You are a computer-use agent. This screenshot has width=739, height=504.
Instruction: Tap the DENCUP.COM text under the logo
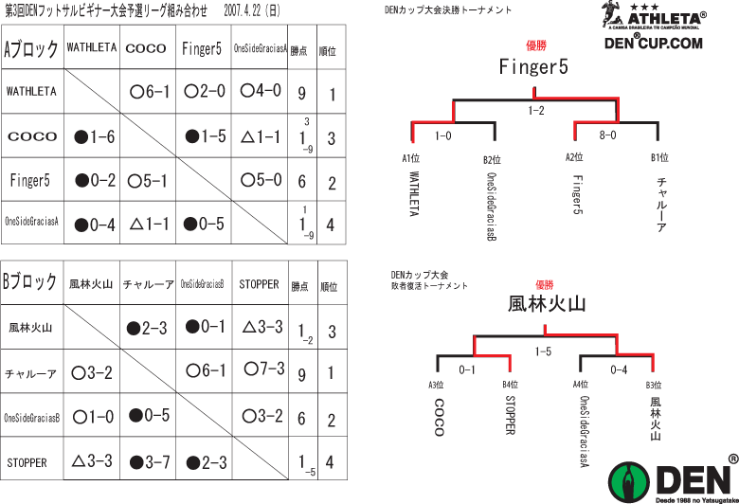click(654, 42)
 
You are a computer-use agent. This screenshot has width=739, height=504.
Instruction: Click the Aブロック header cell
click(31, 49)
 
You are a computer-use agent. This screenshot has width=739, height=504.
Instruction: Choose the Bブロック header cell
click(31, 283)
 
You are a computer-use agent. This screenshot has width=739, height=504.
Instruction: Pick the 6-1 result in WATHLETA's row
click(150, 92)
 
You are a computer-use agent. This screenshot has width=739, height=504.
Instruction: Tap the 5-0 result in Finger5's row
click(261, 179)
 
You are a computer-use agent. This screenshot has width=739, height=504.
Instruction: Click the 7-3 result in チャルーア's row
click(265, 369)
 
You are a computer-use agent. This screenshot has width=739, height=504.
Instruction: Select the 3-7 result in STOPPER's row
click(149, 462)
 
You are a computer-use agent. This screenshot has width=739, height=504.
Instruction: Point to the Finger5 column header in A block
click(202, 49)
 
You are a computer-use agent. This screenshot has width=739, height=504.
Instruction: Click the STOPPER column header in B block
click(259, 283)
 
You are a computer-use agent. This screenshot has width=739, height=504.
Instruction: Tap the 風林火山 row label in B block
click(30, 328)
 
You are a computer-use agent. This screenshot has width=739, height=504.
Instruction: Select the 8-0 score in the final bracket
click(607, 135)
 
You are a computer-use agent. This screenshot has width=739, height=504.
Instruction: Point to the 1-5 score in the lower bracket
click(543, 351)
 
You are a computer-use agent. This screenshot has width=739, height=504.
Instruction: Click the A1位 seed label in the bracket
click(411, 158)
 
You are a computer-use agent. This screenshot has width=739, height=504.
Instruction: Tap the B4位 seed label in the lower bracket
click(511, 384)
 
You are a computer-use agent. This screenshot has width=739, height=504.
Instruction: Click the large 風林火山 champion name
click(547, 303)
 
